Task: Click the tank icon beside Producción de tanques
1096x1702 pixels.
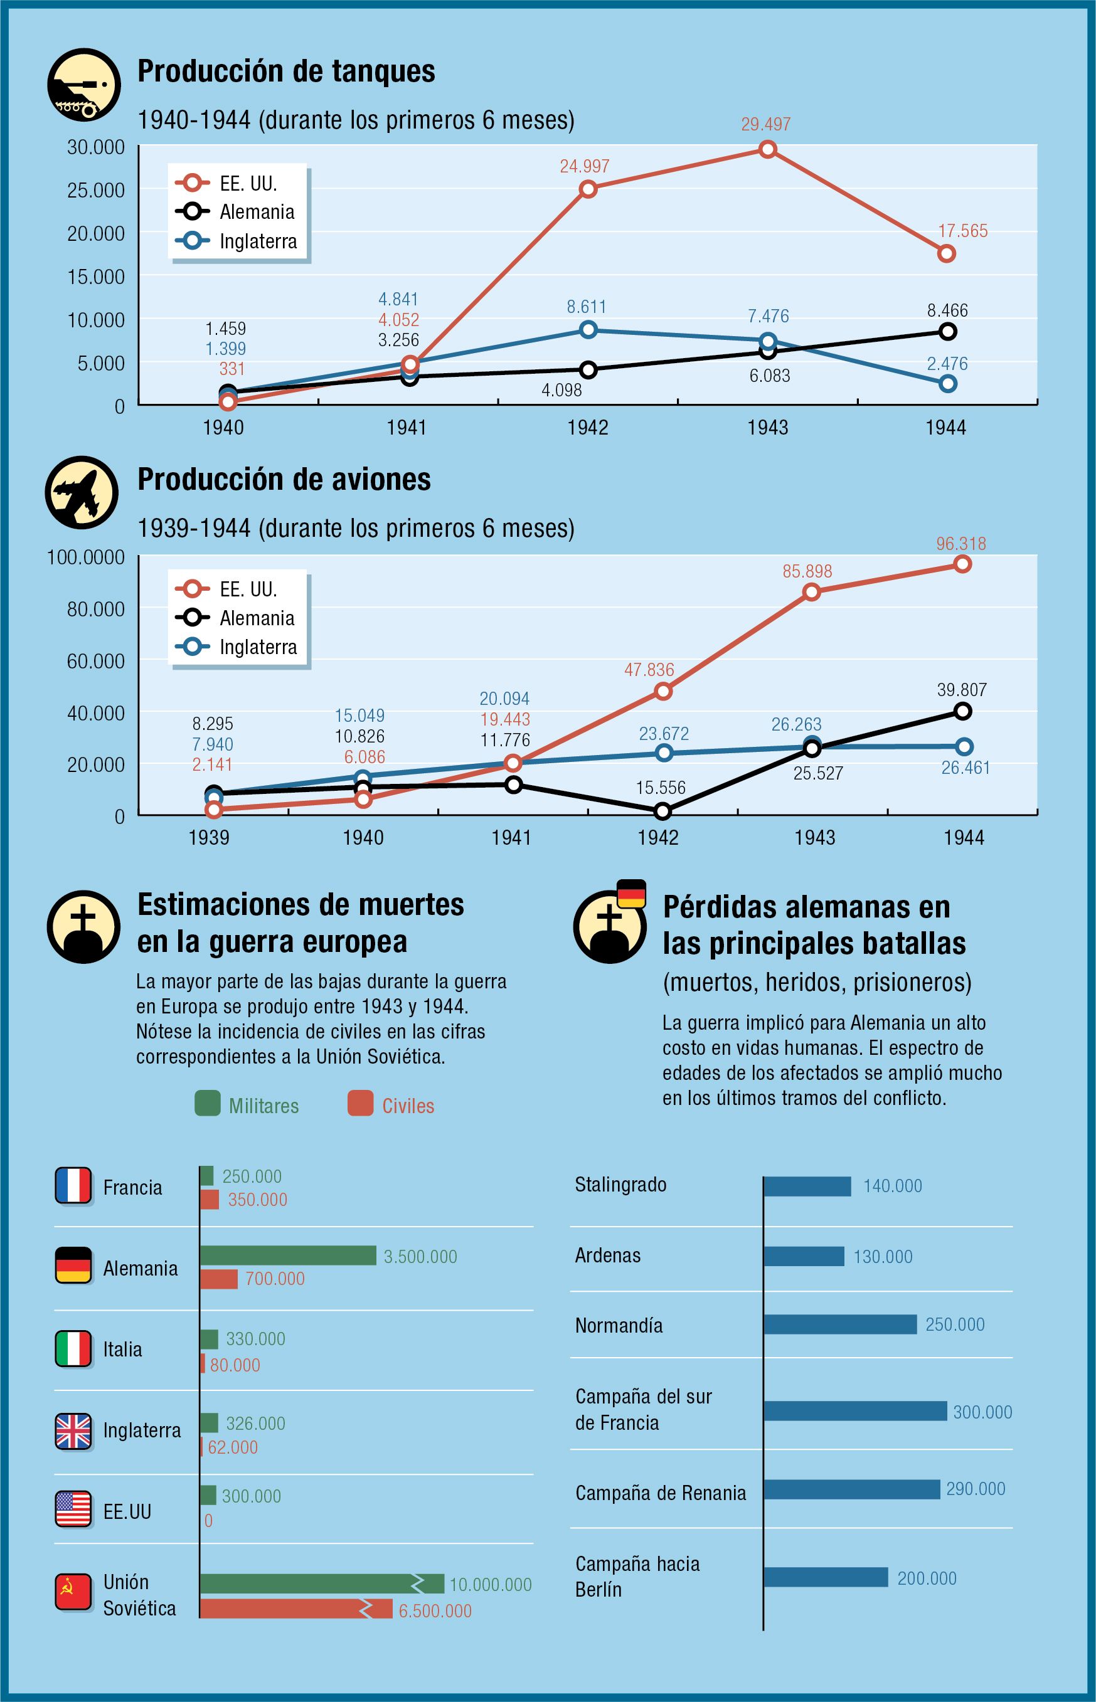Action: click(83, 85)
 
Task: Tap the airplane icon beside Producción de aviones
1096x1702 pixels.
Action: click(82, 492)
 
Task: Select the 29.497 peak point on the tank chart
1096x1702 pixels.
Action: click(767, 149)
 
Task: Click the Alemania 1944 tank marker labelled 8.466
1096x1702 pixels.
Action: click(947, 332)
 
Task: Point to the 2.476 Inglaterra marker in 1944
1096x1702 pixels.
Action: click(947, 383)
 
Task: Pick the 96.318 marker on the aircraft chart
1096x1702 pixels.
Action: click(962, 564)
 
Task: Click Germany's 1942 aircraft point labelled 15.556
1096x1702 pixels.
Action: click(662, 811)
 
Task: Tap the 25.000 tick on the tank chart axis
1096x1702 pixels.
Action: click(95, 191)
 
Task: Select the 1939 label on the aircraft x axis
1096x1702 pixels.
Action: click(208, 837)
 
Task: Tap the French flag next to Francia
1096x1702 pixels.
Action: click(73, 1186)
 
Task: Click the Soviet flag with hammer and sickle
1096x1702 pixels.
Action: click(73, 1592)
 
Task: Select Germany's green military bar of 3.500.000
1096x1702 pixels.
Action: click(287, 1255)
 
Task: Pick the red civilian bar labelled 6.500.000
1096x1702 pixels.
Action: click(295, 1609)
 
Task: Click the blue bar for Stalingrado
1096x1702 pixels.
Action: click(807, 1187)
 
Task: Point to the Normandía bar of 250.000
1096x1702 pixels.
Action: click(840, 1324)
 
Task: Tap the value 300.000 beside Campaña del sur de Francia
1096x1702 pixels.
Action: click(982, 1412)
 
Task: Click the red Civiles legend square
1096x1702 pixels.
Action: click(360, 1103)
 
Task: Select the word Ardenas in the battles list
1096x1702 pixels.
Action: click(608, 1255)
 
